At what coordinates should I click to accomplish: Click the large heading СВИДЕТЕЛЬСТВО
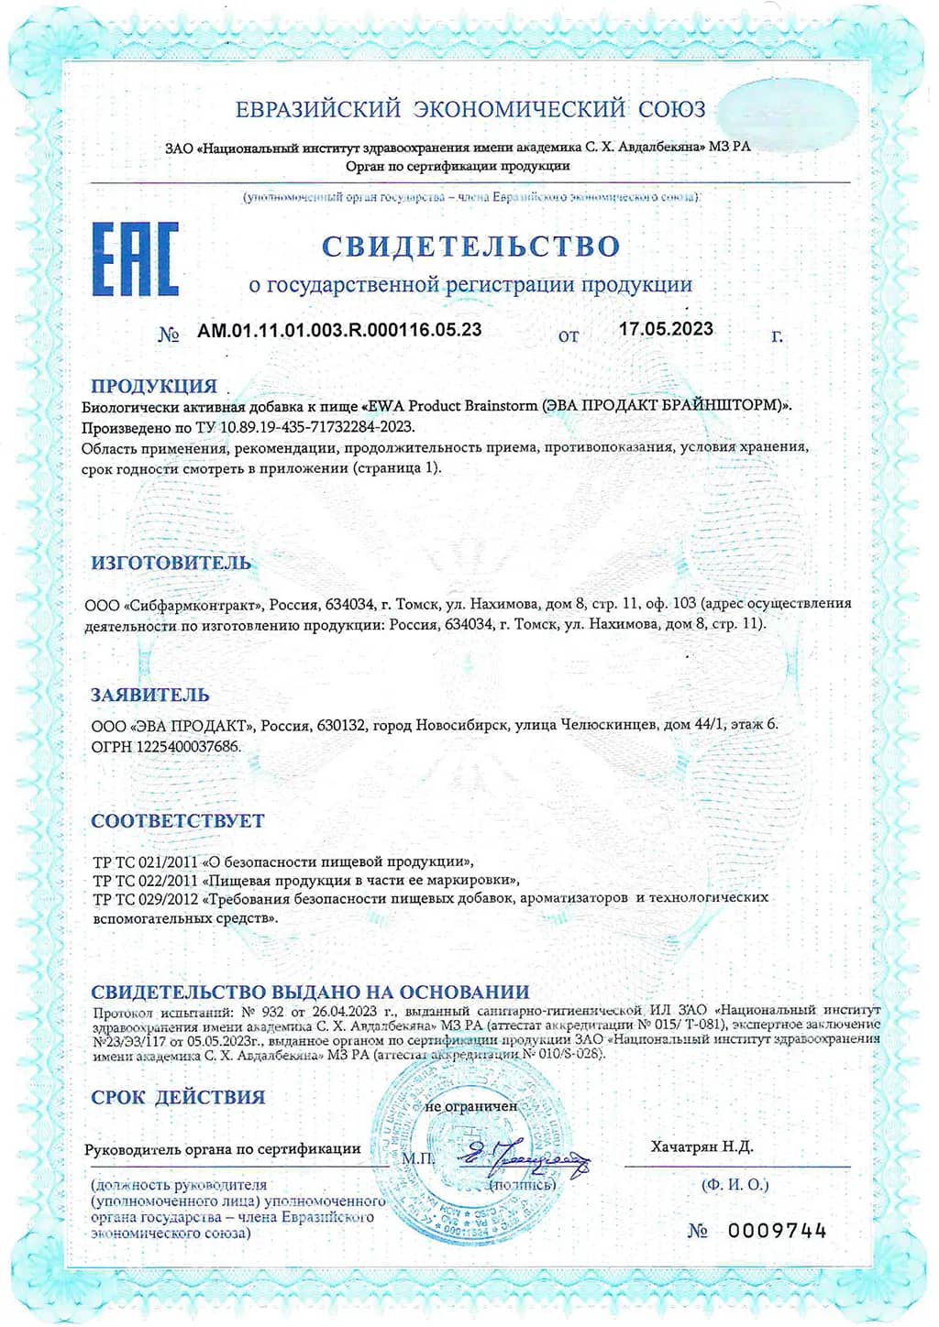coord(470,246)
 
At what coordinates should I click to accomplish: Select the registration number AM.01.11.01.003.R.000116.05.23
coord(339,330)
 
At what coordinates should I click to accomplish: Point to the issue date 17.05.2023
coord(666,329)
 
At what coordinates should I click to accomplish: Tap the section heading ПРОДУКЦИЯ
coord(154,386)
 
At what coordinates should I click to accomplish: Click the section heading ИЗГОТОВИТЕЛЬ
coord(171,563)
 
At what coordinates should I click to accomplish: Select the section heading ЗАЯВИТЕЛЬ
coord(150,695)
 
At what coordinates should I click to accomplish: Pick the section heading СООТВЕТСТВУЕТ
coord(178,821)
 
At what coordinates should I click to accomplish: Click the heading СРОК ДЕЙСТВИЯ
coord(178,1097)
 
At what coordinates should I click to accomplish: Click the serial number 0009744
coord(778,1231)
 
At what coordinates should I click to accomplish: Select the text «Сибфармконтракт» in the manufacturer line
coord(193,604)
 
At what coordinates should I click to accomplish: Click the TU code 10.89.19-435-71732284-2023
coord(317,427)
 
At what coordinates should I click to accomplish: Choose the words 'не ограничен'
coord(471,1106)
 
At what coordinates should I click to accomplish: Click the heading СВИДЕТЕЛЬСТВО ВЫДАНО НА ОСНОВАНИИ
coord(310,992)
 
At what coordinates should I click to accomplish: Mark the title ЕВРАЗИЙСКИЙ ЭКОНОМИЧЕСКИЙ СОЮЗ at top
coord(470,109)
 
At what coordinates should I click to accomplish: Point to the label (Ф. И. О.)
coord(735,1184)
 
